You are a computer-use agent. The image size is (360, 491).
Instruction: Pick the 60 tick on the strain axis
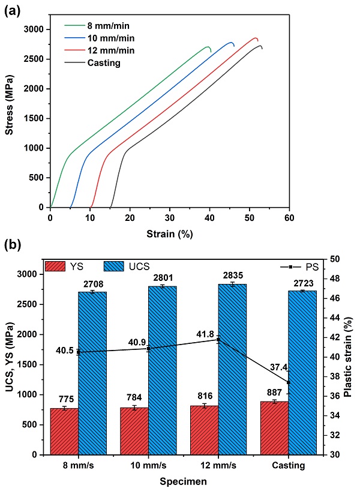pos(289,217)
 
